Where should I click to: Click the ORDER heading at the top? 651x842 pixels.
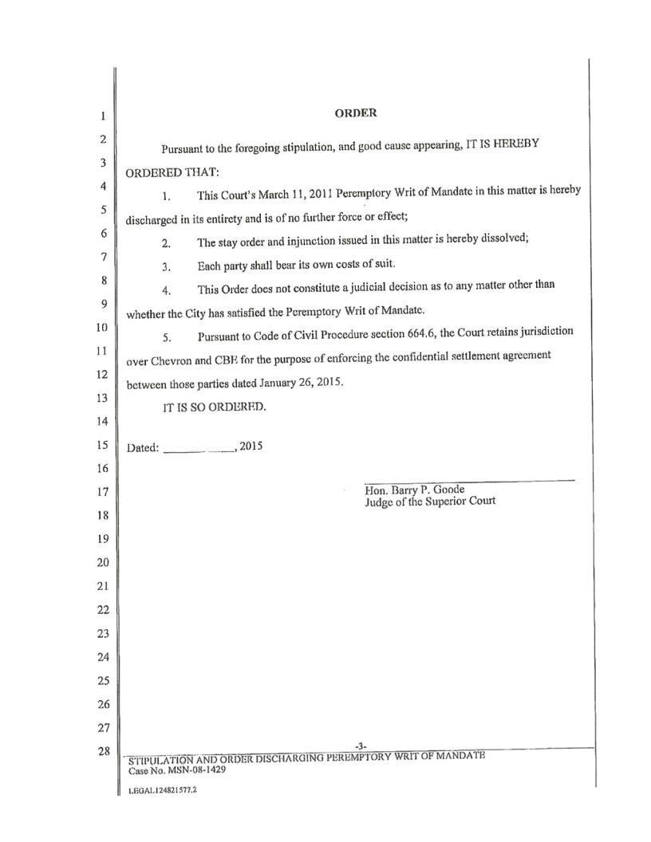click(x=355, y=113)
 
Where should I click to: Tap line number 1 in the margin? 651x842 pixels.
click(x=103, y=116)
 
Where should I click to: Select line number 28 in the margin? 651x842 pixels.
click(x=102, y=750)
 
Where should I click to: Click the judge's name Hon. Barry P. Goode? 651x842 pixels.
click(x=414, y=490)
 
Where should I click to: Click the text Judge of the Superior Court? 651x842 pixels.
click(x=430, y=501)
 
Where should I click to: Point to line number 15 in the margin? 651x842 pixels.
click(x=102, y=445)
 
